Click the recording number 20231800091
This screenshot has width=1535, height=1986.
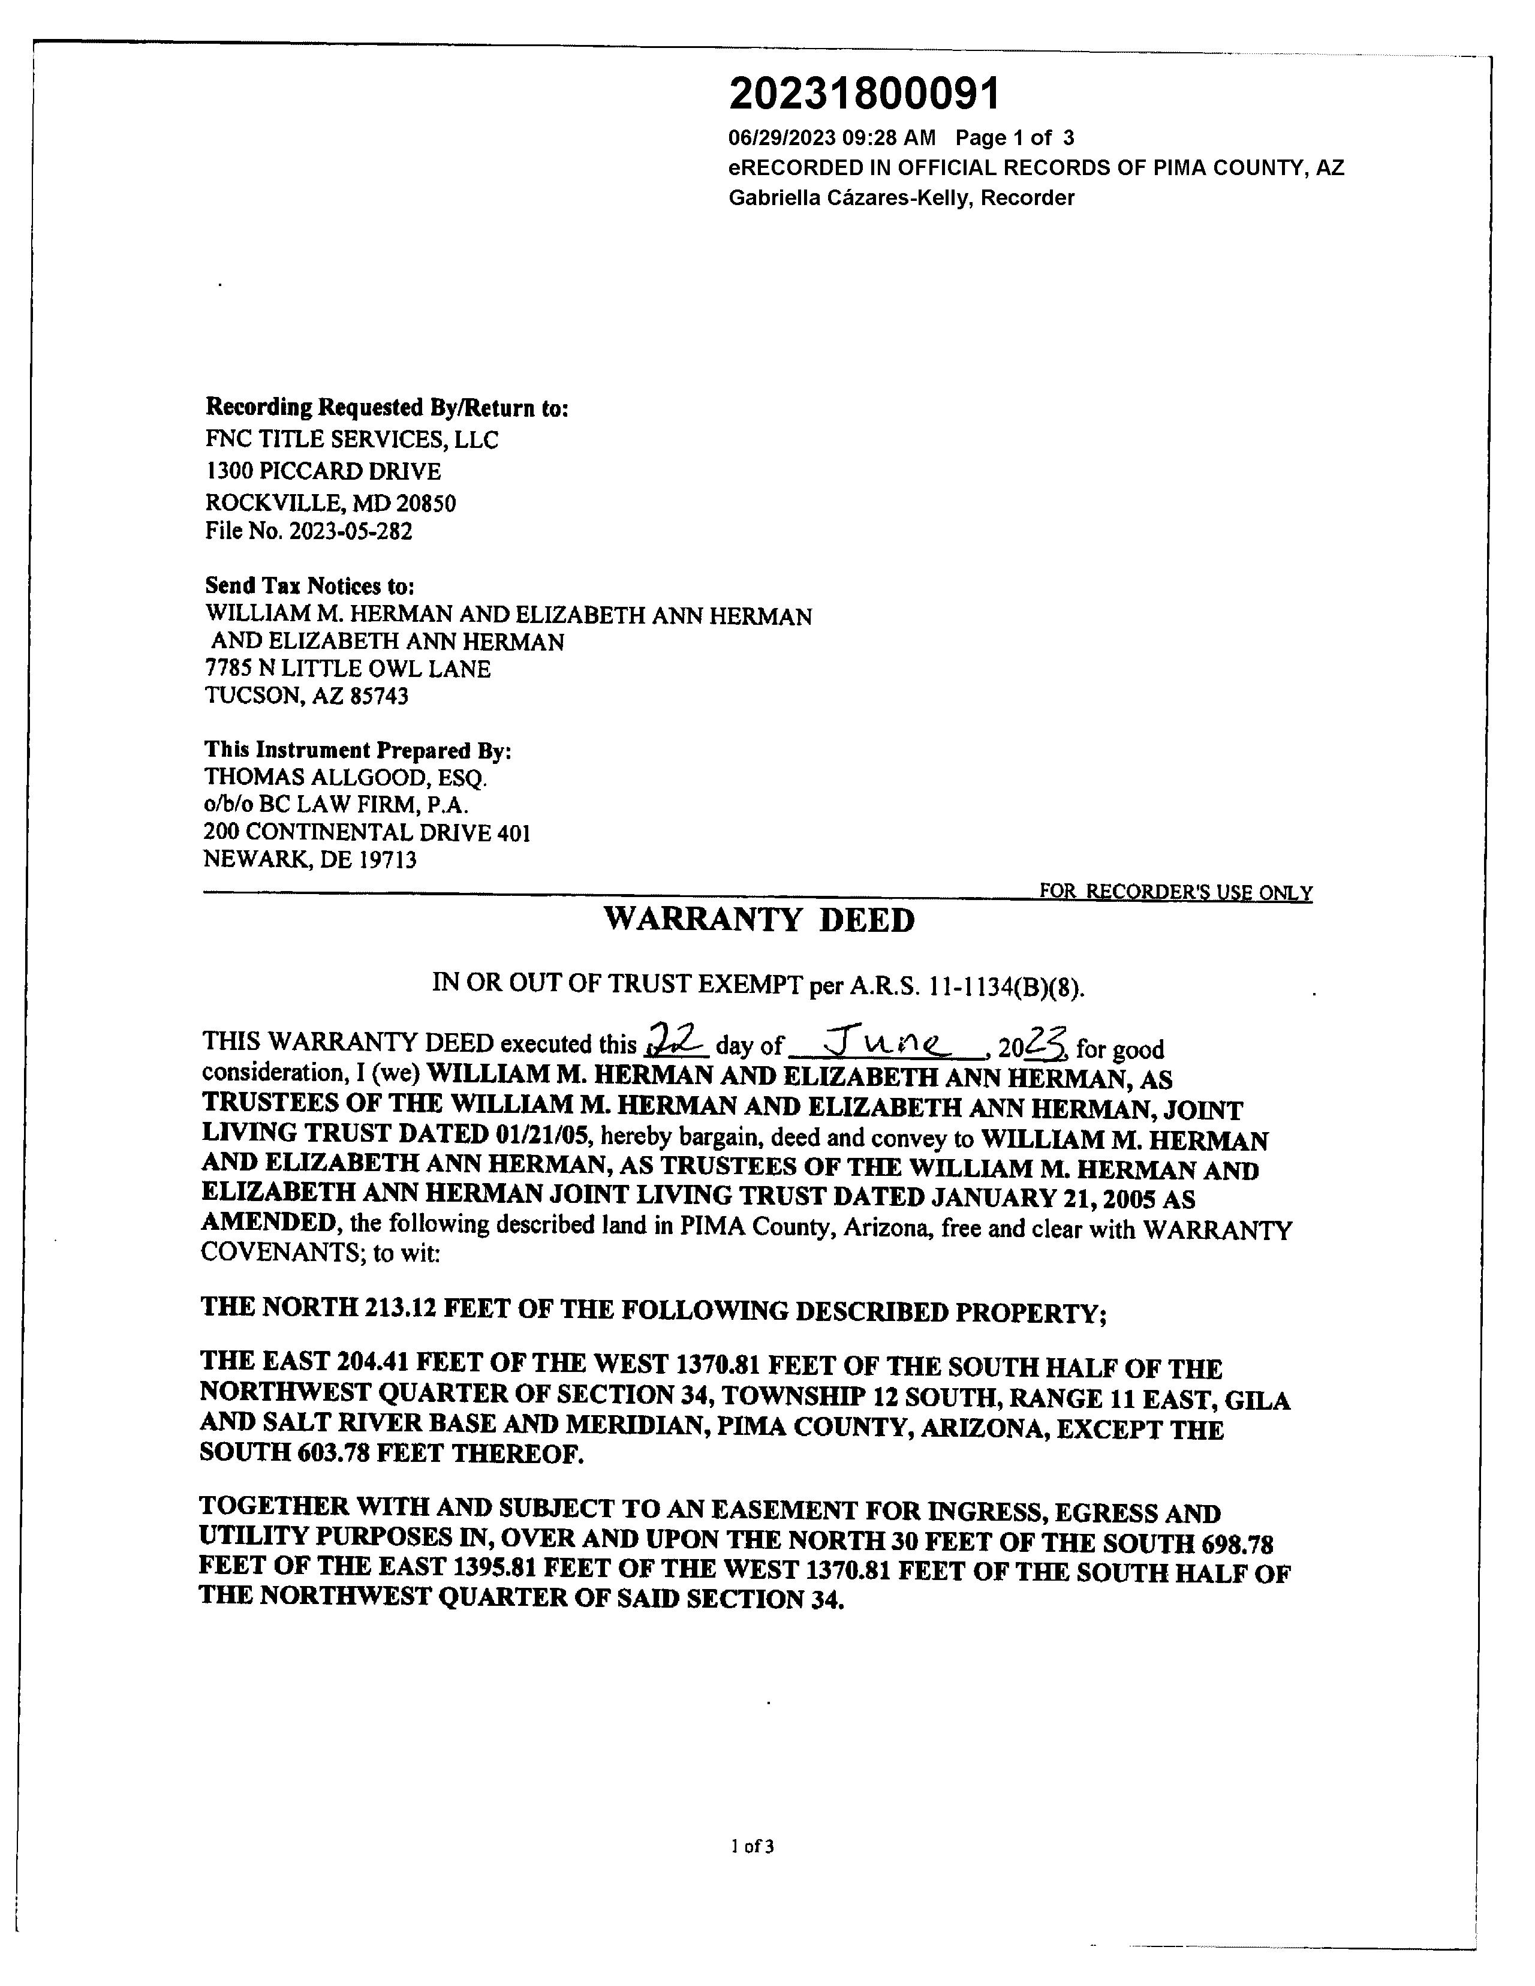(864, 94)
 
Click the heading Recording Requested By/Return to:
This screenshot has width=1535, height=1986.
(387, 407)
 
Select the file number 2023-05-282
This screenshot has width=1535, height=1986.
(350, 531)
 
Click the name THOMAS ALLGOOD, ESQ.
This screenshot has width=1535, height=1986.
(345, 778)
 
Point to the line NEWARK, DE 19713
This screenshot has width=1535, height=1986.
(310, 859)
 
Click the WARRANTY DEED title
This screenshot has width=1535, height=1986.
(759, 920)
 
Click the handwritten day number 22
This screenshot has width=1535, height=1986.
(676, 1037)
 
